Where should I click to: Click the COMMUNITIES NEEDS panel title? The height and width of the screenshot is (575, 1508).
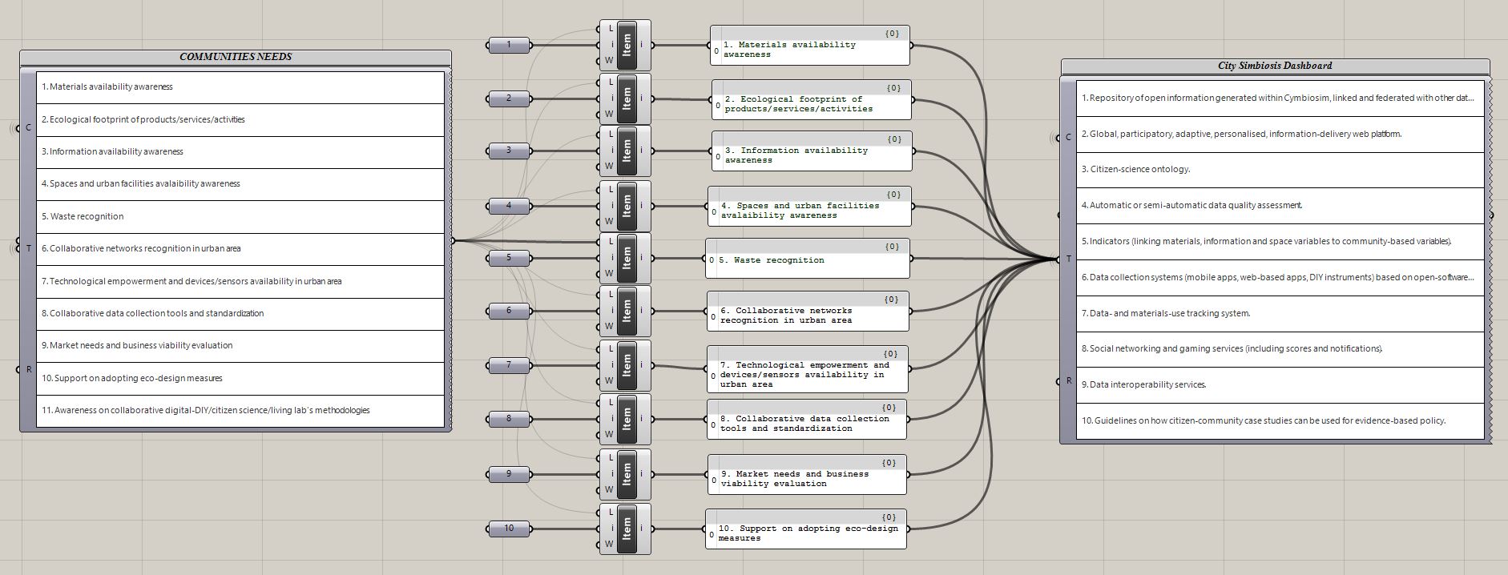[236, 57]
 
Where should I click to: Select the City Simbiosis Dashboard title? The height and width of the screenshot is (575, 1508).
[1275, 66]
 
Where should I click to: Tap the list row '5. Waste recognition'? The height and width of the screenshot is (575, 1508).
[240, 216]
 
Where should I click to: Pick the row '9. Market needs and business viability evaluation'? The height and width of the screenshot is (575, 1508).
[240, 346]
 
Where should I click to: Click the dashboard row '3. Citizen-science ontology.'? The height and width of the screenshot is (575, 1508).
[1280, 170]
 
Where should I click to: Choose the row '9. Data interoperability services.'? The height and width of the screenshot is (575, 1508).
[1280, 385]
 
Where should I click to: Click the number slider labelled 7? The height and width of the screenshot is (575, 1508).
[509, 365]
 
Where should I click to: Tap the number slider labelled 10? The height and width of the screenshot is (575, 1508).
[509, 529]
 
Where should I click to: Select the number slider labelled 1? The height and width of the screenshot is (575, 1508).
[509, 45]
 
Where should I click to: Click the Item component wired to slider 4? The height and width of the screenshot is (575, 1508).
[625, 206]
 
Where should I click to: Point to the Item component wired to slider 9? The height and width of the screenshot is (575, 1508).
[625, 474]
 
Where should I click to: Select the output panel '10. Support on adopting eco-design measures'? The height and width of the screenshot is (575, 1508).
[806, 529]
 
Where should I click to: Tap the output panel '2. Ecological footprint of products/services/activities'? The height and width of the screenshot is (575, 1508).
[811, 99]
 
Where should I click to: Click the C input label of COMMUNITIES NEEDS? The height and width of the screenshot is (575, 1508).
[28, 128]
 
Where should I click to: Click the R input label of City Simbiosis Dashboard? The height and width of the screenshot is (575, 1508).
[1068, 380]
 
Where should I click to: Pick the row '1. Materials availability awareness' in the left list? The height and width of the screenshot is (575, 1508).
[240, 87]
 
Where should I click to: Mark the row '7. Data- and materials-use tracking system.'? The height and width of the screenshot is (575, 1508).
[1280, 314]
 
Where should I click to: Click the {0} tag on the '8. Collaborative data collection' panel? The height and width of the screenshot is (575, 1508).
[889, 408]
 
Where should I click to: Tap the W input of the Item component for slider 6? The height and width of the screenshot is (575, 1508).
[609, 326]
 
